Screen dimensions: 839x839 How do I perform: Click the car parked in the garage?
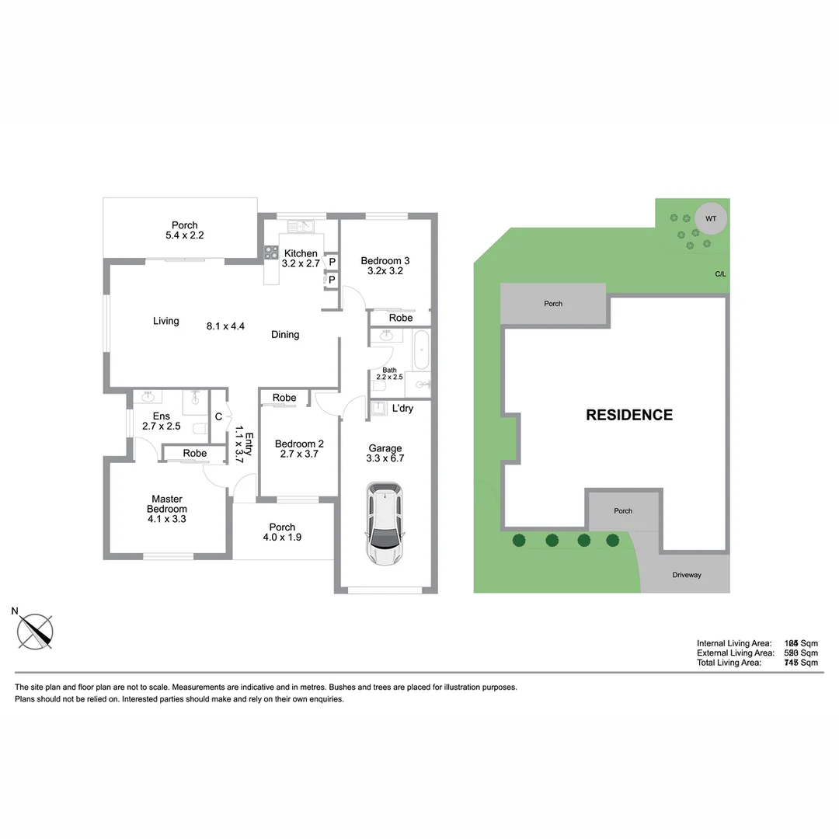pos(386,525)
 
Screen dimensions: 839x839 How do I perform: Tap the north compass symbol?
pos(36,631)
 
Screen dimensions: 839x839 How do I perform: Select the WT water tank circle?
pos(711,219)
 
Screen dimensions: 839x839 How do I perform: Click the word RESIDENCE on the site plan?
pos(629,415)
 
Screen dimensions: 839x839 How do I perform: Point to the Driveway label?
pos(686,575)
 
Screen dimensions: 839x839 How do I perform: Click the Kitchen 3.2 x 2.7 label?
pos(301,259)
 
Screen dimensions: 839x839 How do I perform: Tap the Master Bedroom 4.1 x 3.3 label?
pos(167,509)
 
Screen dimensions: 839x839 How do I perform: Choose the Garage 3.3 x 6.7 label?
pos(385,453)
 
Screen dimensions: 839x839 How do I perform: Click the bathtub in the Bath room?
pos(421,350)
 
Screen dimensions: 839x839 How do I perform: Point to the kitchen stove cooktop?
pos(271,252)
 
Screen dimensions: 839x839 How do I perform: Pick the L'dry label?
pos(402,409)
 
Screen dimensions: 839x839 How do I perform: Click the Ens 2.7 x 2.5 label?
pos(161,421)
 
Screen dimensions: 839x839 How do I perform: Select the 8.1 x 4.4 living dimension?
pos(226,326)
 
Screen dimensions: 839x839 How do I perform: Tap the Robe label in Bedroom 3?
pos(401,318)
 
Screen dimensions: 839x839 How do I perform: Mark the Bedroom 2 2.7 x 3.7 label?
pos(299,449)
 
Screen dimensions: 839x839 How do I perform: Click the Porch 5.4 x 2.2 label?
pos(185,230)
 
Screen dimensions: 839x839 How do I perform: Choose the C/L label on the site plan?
pos(720,274)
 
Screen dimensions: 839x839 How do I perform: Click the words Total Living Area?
pos(729,663)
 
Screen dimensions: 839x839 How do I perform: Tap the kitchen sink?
pos(299,227)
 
